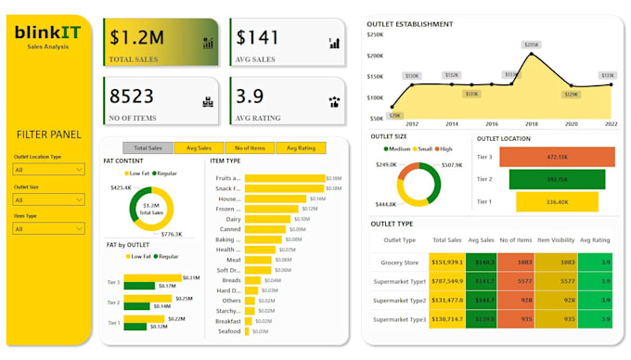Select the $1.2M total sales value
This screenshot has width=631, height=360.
tap(137, 38)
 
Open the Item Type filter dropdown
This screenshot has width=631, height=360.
tap(48, 228)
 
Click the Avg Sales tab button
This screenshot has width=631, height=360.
tap(199, 148)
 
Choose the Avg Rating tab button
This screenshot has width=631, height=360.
tap(300, 148)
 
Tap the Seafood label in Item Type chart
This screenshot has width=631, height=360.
tap(228, 331)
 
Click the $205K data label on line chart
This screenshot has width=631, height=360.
tap(531, 45)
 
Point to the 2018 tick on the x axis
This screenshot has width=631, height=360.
tap(532, 123)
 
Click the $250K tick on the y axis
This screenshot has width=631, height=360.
tap(376, 34)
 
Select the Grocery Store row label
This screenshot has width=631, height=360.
tap(398, 263)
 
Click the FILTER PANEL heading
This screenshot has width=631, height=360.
tap(45, 135)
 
